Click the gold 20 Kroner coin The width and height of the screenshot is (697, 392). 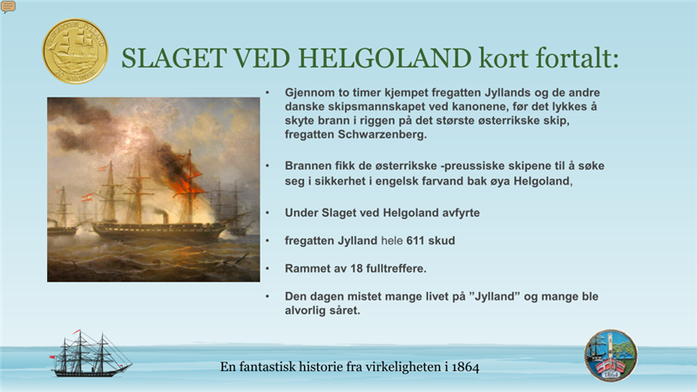(75, 51)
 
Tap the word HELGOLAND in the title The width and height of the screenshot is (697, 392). (384, 58)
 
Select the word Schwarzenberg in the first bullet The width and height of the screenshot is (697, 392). (382, 135)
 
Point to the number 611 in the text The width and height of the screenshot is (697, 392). (416, 240)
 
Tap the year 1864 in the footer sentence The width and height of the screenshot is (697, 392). (465, 367)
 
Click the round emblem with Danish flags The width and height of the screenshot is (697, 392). (611, 355)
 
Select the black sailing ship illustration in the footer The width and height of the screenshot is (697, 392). (91, 354)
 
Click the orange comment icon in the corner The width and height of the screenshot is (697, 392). (8, 7)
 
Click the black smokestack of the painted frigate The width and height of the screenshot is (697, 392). (165, 217)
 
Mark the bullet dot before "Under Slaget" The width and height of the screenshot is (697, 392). (267, 213)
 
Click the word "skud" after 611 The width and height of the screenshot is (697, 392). (442, 240)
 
